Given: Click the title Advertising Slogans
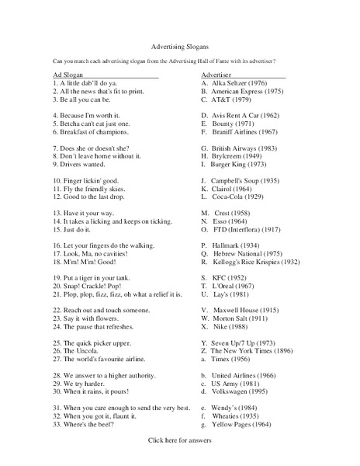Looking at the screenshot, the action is (x=178, y=46).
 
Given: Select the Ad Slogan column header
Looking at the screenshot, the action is (x=71, y=75).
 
